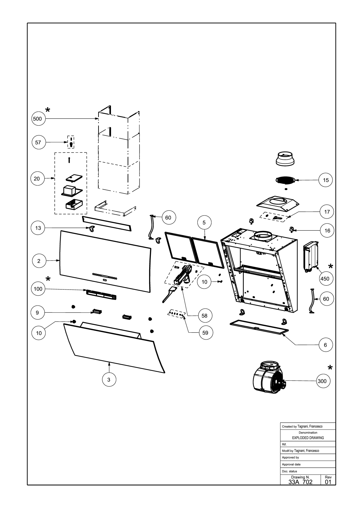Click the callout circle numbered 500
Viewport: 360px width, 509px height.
coord(38,119)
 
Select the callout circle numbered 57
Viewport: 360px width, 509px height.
coord(38,142)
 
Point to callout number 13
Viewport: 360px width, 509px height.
coord(38,228)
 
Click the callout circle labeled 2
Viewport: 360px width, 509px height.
coord(39,261)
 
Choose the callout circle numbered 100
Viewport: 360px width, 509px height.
coord(38,289)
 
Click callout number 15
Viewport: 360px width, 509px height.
coord(326,180)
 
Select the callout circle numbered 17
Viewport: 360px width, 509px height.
coord(327,211)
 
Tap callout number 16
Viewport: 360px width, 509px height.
coord(327,231)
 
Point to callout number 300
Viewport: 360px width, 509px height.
coord(323,381)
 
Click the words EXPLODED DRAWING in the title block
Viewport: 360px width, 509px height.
coord(308,438)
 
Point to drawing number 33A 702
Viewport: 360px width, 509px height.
coord(301,482)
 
